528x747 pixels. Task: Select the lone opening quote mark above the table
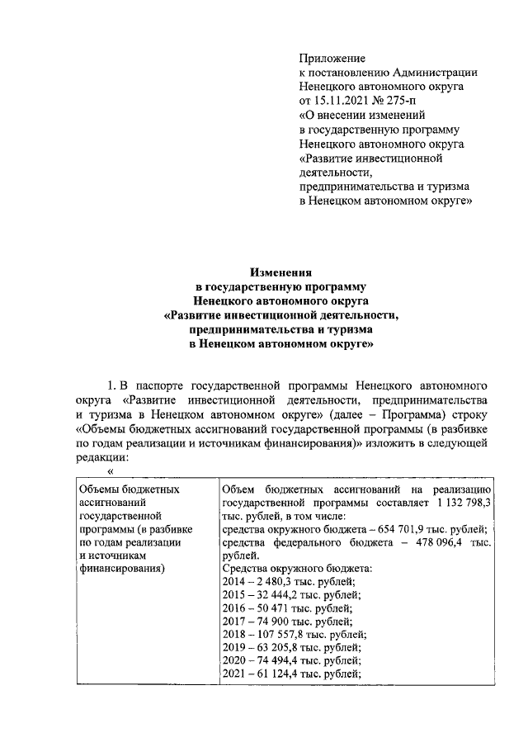[x=110, y=472]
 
